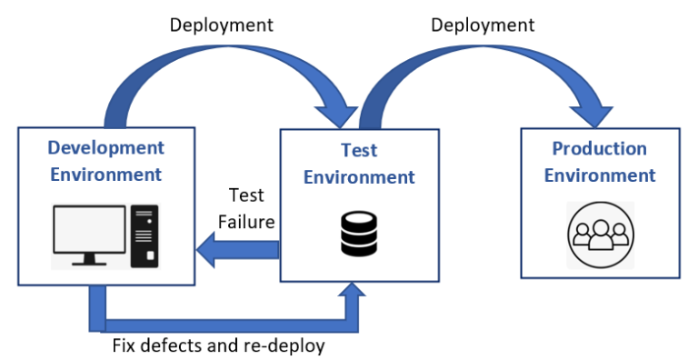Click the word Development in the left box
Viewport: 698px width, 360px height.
[105, 148]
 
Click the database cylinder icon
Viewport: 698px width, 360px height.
[359, 233]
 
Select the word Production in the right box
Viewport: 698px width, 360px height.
[600, 149]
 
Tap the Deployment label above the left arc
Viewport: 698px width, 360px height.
[222, 25]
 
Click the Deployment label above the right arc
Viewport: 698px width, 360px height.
[483, 25]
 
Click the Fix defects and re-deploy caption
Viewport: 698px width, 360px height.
[218, 346]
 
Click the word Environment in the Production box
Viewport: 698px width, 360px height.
[600, 175]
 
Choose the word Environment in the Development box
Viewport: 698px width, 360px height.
[105, 174]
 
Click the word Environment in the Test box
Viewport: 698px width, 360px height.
[359, 176]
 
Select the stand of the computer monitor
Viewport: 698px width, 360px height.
[88, 260]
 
